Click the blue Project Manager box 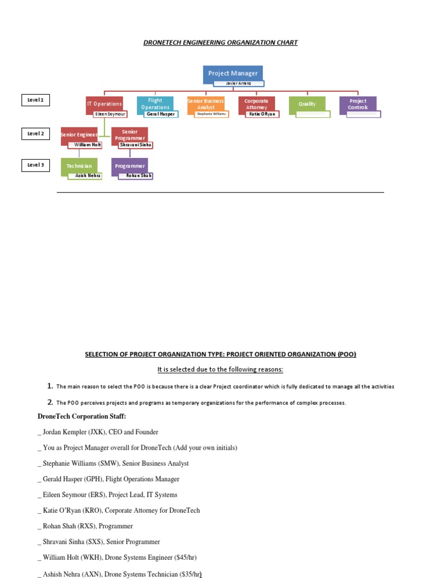[x=233, y=73]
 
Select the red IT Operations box [x=104, y=103]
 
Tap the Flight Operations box [x=155, y=103]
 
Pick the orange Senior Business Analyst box [x=206, y=103]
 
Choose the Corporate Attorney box [x=256, y=103]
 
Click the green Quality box [x=307, y=104]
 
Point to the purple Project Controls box [x=358, y=104]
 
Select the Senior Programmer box [x=130, y=134]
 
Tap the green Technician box [x=79, y=165]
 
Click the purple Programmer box [x=130, y=165]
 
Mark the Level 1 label [x=36, y=100]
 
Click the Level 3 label [x=36, y=165]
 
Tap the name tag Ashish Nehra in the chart [x=84, y=176]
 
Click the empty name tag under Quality [x=313, y=114]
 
